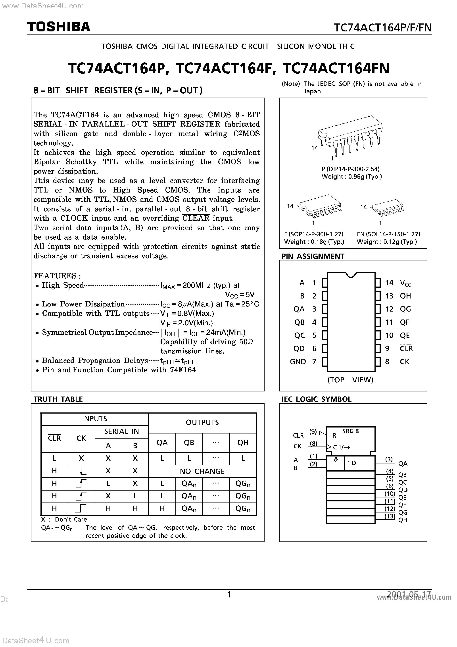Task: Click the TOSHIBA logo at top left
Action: click(x=59, y=27)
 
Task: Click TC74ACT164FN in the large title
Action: click(x=336, y=68)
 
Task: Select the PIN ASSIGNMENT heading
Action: click(x=313, y=256)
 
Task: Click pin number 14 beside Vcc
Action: click(x=389, y=283)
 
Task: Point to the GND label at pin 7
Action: click(x=298, y=362)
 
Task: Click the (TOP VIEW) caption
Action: click(x=350, y=380)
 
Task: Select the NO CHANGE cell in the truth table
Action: click(x=202, y=471)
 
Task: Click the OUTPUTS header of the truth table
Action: click(x=202, y=422)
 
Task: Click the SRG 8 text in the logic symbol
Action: click(x=351, y=431)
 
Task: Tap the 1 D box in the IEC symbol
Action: click(x=352, y=463)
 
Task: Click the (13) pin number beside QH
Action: click(x=390, y=516)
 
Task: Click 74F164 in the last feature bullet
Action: click(x=183, y=370)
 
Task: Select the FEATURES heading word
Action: click(x=55, y=276)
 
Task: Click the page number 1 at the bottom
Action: click(x=229, y=595)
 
